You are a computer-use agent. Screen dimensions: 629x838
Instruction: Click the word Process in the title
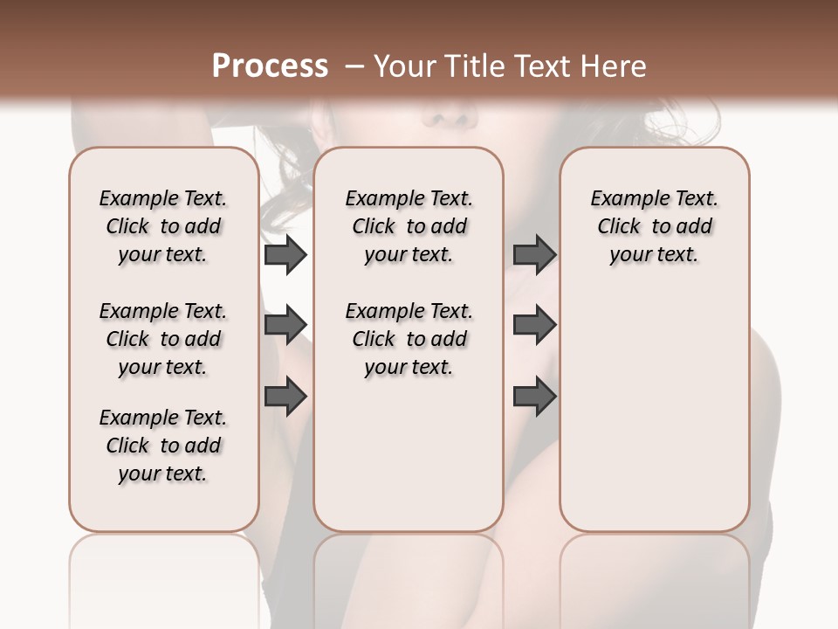click(270, 66)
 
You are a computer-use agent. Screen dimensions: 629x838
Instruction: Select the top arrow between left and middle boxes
click(285, 255)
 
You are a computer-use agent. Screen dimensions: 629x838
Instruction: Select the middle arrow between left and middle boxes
click(285, 325)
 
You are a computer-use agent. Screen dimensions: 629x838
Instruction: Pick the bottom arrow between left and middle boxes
click(285, 396)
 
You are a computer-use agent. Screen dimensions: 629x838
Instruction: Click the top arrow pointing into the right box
click(534, 255)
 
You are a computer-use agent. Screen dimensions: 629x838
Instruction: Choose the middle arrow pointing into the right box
click(534, 325)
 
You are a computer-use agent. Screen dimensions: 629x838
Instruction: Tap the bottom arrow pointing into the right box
click(534, 397)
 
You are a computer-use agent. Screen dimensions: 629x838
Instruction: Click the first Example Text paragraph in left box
click(163, 226)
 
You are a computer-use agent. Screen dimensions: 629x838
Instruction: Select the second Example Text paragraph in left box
click(163, 339)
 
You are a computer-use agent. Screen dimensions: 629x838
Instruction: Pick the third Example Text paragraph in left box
click(163, 446)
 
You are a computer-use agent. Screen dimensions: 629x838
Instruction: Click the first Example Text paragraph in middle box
click(409, 226)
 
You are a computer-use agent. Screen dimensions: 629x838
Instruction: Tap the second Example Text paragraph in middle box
click(409, 339)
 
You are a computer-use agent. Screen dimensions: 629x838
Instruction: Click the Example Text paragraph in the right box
click(654, 226)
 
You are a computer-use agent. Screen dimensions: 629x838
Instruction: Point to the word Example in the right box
click(623, 199)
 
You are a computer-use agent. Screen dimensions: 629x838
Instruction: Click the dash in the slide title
click(354, 66)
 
